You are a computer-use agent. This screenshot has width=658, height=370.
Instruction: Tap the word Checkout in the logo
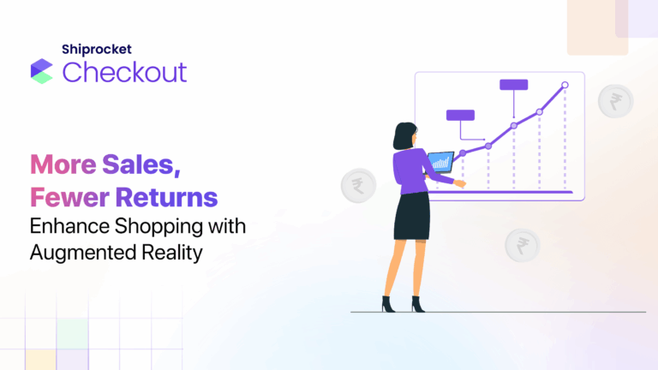[x=124, y=72]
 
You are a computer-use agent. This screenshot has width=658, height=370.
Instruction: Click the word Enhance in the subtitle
[x=67, y=227]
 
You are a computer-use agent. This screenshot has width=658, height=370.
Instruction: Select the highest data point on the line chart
[x=565, y=85]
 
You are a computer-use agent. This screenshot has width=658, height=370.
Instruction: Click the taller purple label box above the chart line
[x=513, y=85]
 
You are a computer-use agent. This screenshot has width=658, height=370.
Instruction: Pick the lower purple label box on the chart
[x=460, y=115]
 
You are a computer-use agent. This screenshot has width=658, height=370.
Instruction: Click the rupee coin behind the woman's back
[x=356, y=184]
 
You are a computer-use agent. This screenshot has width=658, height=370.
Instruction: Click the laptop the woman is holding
[x=441, y=161]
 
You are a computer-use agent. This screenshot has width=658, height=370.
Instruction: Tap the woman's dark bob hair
[x=404, y=135]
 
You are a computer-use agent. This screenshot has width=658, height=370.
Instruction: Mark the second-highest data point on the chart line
[x=540, y=111]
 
